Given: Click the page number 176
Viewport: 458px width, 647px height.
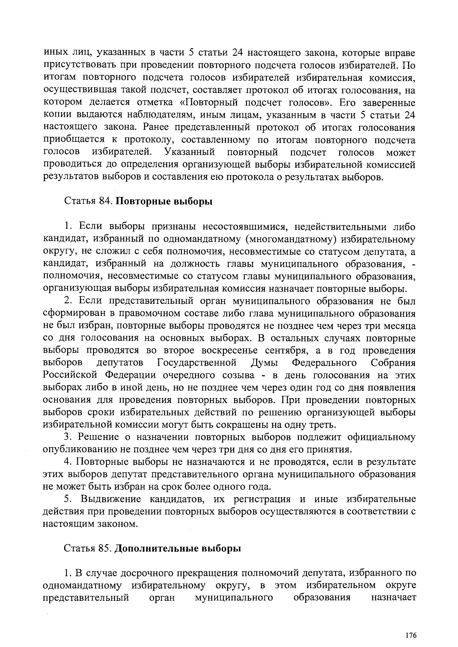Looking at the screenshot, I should coord(411,635).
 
